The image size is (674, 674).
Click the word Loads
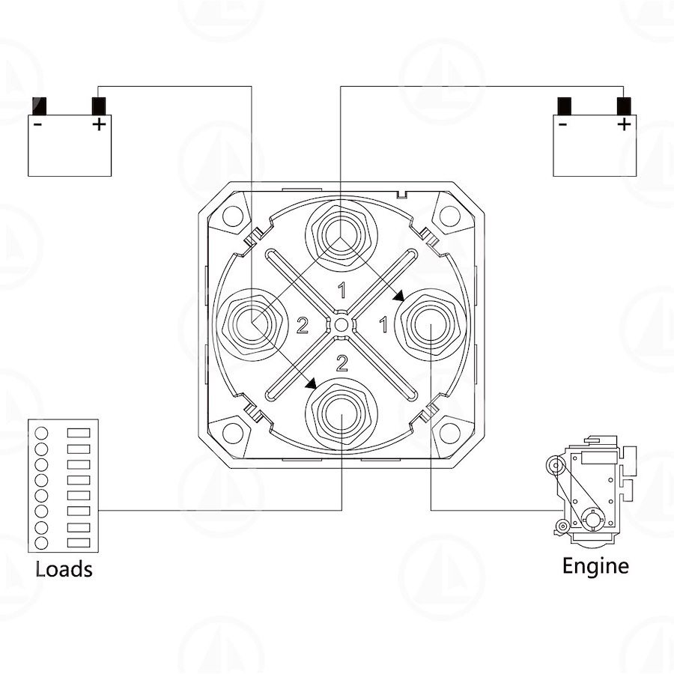(64, 568)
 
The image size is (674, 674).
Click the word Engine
(595, 567)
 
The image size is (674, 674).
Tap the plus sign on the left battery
(100, 124)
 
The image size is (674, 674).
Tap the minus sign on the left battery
(38, 124)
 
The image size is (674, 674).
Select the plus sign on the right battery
(624, 124)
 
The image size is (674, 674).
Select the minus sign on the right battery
(562, 124)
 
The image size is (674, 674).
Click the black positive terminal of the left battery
(99, 106)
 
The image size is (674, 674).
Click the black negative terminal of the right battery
(565, 106)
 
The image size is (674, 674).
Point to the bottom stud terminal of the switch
(341, 414)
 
